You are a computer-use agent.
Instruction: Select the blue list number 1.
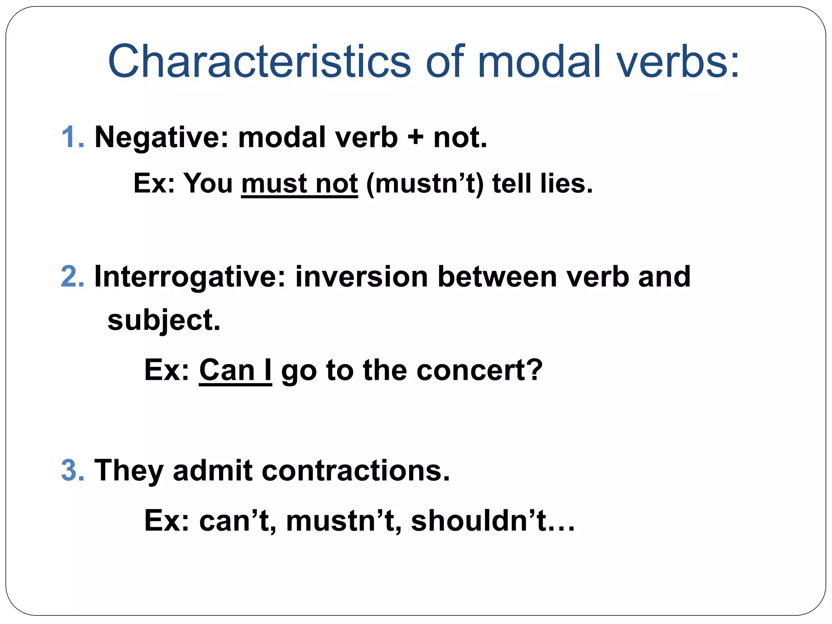point(72,137)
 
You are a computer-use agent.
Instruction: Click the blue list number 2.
point(72,277)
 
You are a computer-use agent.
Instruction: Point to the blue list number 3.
point(72,470)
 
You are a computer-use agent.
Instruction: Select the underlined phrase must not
point(299,184)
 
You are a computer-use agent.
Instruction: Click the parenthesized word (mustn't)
point(425,184)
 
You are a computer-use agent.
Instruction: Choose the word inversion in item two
point(362,277)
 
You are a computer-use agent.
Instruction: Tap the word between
point(497,277)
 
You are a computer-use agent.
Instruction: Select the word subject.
point(163,321)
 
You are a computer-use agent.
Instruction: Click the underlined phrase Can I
point(235,370)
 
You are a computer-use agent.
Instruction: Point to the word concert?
point(479,370)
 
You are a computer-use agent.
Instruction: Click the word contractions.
point(356,470)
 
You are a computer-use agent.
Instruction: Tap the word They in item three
point(128,470)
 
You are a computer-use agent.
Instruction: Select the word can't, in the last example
point(238,521)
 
